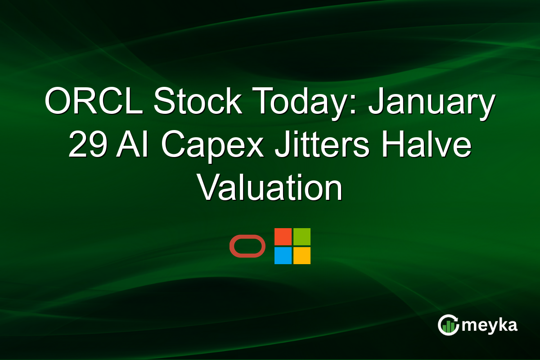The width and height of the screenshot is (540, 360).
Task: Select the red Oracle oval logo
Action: (x=247, y=246)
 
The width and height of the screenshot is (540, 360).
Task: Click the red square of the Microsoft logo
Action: (x=283, y=237)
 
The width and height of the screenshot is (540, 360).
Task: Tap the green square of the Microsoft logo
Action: (x=302, y=237)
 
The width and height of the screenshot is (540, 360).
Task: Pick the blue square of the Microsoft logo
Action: (x=283, y=256)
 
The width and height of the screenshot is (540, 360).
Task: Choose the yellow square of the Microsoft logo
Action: (x=302, y=256)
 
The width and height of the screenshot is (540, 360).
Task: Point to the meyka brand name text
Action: (x=490, y=325)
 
